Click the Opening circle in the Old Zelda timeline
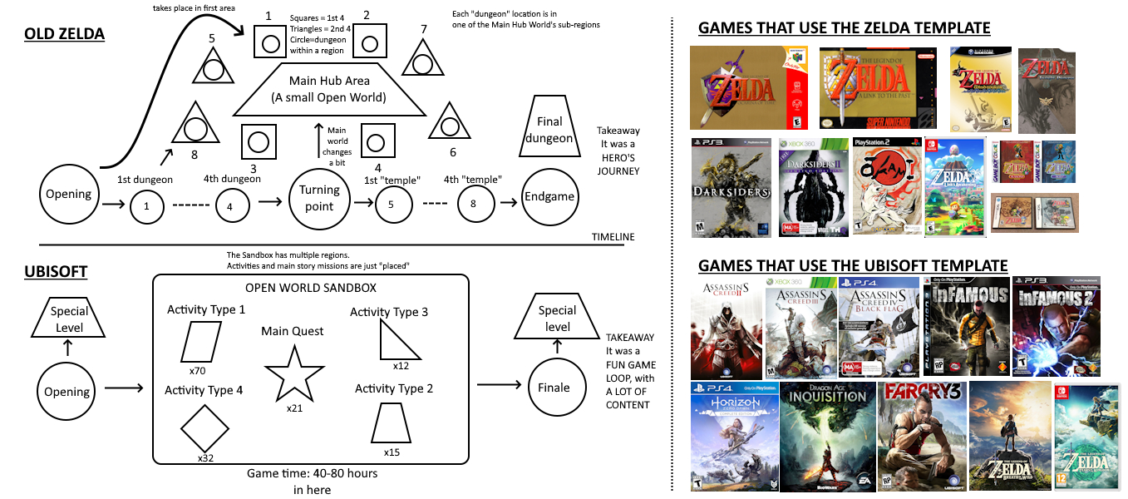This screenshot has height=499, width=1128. [x=68, y=194]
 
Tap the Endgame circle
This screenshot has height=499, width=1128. [x=549, y=195]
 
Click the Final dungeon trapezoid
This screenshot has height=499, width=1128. [x=549, y=129]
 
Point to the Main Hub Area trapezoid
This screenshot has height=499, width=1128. [x=330, y=91]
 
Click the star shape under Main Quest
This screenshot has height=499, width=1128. [x=292, y=374]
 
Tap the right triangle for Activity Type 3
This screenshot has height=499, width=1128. [x=397, y=342]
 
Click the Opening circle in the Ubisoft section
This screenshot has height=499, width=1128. [x=67, y=391]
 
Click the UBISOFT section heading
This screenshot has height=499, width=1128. [x=57, y=272]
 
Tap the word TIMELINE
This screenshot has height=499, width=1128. [x=613, y=237]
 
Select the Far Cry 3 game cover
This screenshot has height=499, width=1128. [x=920, y=436]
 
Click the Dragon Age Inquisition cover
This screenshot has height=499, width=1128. [x=827, y=436]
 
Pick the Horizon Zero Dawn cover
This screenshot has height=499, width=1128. [x=734, y=436]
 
